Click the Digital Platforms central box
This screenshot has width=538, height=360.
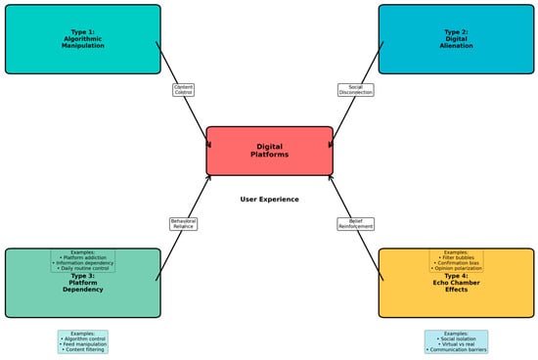269,151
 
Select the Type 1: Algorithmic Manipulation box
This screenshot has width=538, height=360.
82,39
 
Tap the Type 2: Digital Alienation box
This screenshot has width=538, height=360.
455,39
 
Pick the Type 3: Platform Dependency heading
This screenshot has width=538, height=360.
82,284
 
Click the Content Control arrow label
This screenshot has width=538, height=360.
183,90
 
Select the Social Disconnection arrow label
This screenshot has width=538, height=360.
355,90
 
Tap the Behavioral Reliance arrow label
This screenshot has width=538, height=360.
183,224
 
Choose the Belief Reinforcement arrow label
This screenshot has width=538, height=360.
355,224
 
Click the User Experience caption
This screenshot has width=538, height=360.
269,200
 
